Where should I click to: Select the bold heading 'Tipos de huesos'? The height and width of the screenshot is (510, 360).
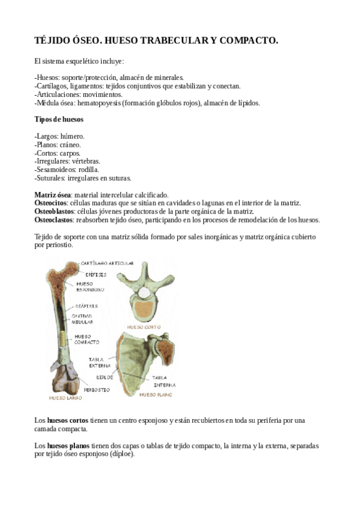coord(59,119)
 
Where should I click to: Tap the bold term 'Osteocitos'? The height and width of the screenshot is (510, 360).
coord(51,203)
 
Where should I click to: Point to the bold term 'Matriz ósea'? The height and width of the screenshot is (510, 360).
coord(53,195)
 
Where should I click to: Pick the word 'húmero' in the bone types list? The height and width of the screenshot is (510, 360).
coord(73,137)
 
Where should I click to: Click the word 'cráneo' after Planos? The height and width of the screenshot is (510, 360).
coord(69,145)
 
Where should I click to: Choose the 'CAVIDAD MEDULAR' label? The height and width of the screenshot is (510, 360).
coord(82,318)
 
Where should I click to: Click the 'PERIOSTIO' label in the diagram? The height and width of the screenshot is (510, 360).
coord(96,390)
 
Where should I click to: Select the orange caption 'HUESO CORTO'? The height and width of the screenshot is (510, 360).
coord(144,328)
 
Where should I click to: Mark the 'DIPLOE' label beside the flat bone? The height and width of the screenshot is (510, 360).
coord(105,378)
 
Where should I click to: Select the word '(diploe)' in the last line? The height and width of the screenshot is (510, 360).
coord(121,454)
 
